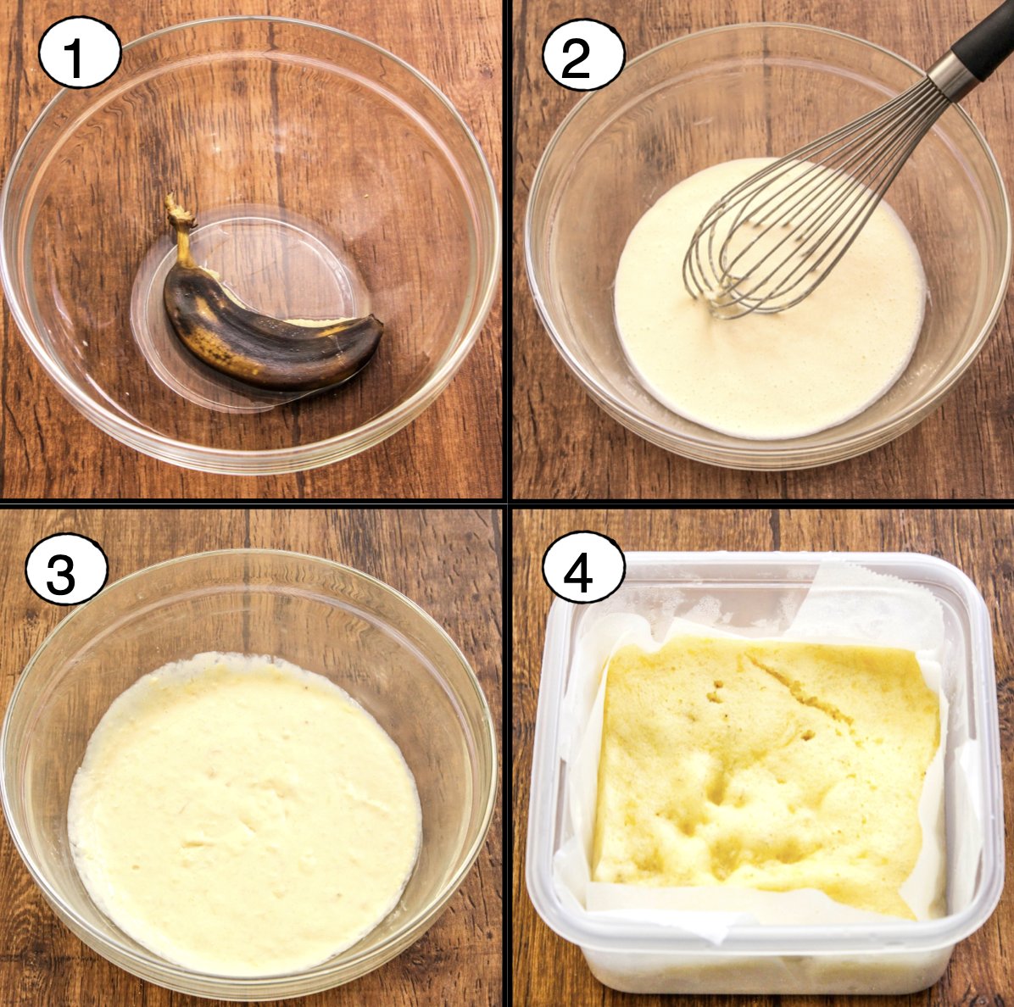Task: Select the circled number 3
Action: point(67,570)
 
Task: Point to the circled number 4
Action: point(583,570)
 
